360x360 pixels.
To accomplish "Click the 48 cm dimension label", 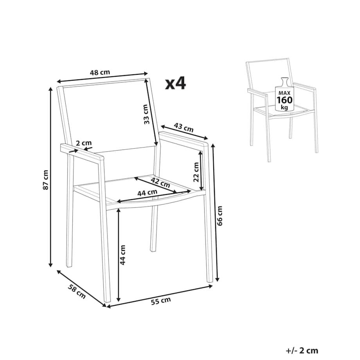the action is tap(100, 72).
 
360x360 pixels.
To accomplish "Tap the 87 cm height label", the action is tap(46, 180).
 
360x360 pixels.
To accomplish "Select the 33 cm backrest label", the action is tap(146, 114).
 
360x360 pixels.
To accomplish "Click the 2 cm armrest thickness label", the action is tap(84, 143).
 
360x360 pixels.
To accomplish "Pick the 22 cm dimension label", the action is tap(196, 172).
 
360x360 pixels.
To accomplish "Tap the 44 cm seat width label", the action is tap(148, 193).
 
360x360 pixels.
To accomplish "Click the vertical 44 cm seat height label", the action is tap(123, 255).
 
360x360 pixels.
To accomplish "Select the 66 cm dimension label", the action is tap(220, 216).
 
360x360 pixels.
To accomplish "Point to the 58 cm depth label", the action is tap(77, 292).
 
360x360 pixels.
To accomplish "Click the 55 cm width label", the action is tap(161, 301).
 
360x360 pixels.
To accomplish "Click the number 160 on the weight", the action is tap(284, 100).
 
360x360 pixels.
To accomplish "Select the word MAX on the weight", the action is tap(284, 93).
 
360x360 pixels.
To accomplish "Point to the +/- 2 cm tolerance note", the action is tap(302, 351).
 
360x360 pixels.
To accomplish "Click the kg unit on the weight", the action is tap(284, 108).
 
